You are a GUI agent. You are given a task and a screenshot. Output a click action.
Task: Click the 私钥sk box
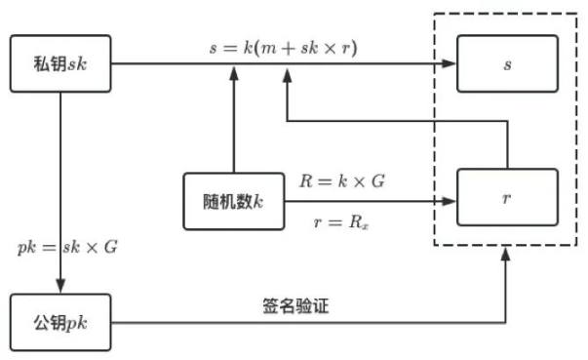60,64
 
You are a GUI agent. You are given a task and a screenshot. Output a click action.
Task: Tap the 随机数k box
233,202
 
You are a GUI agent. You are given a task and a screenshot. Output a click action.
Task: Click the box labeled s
507,64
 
